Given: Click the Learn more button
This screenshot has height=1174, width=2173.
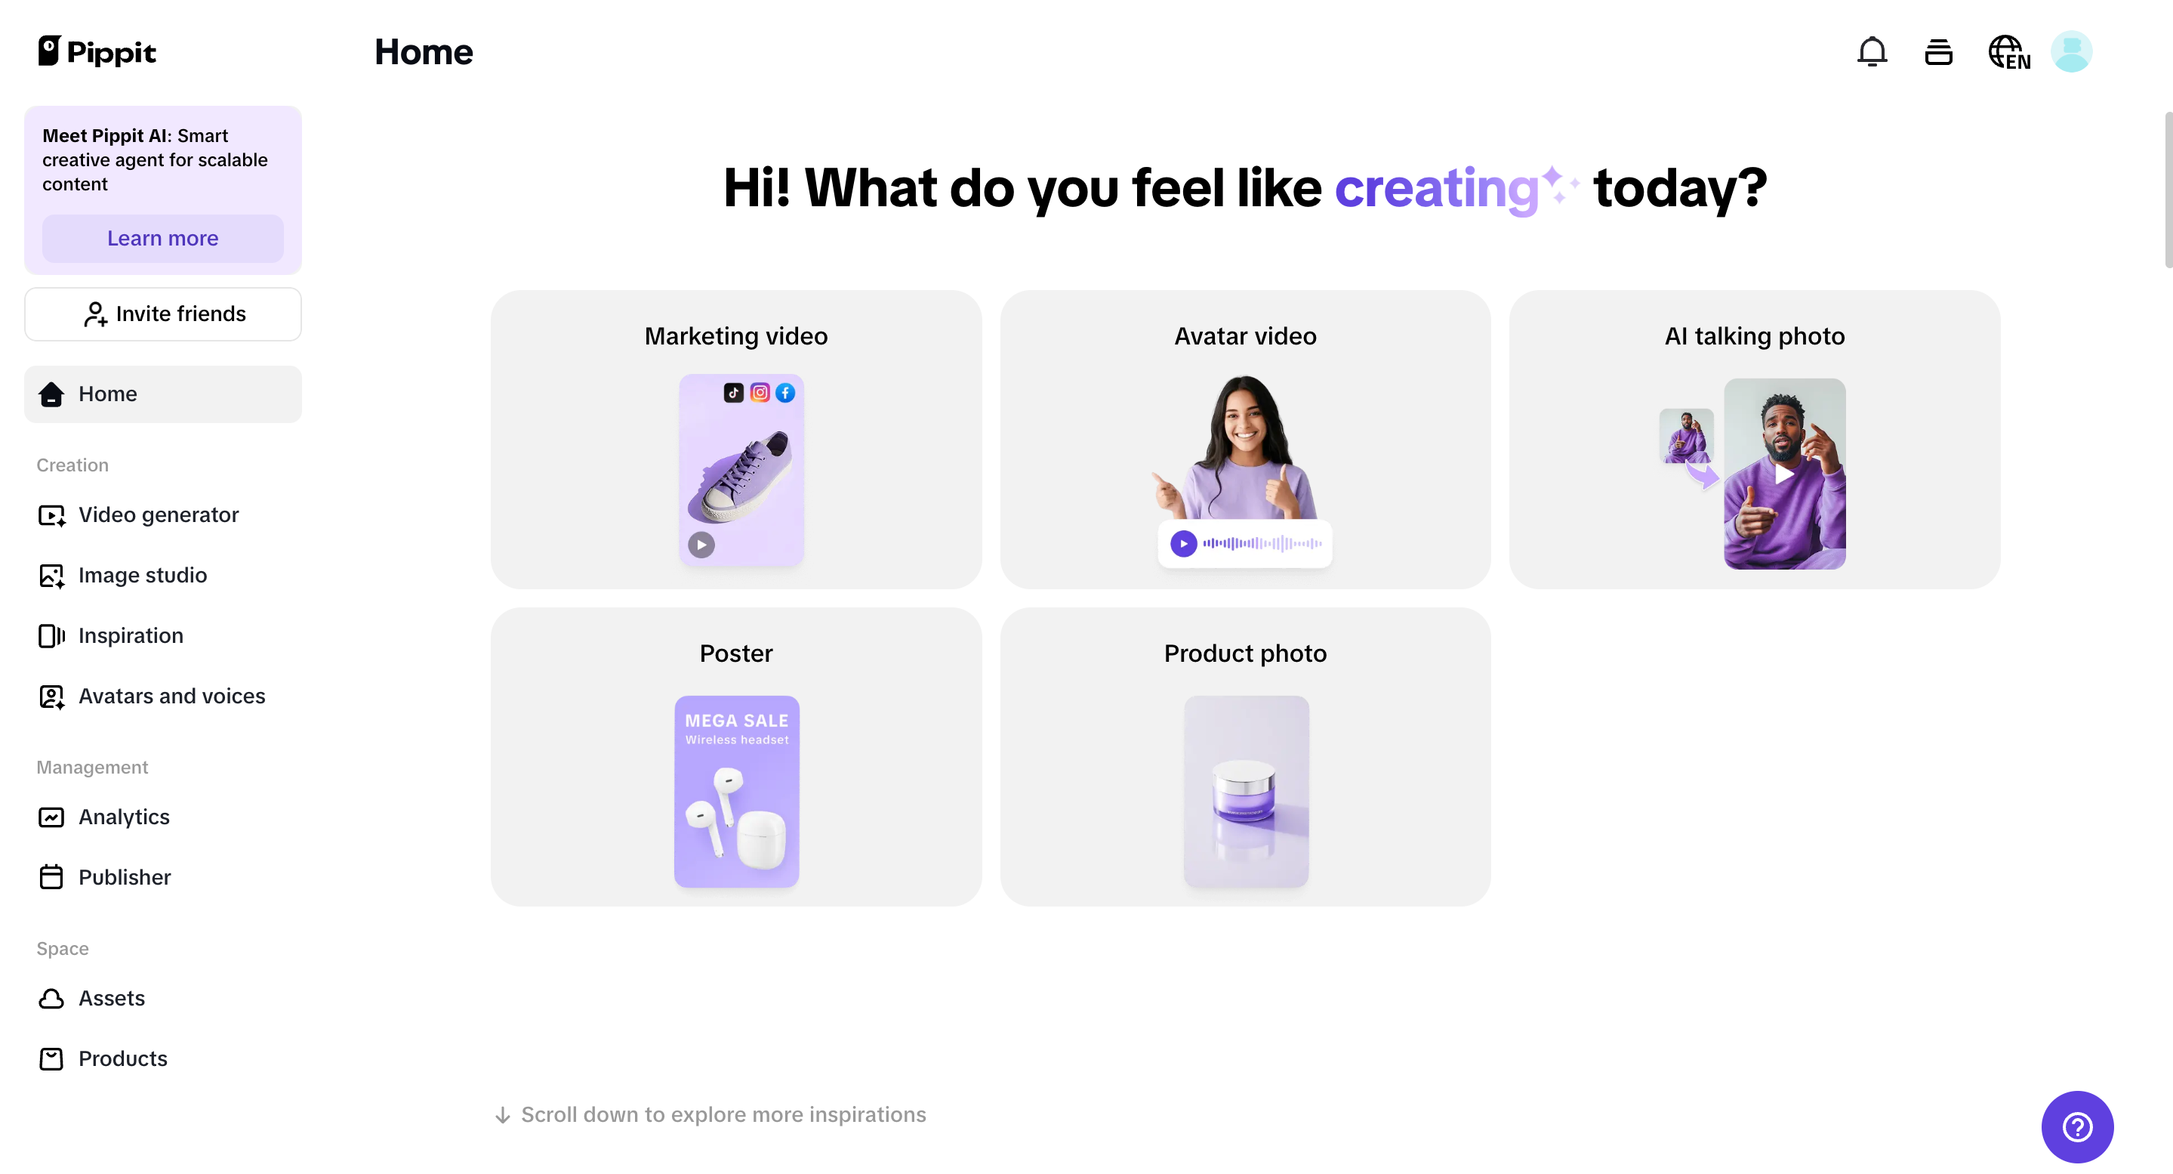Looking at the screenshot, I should (163, 239).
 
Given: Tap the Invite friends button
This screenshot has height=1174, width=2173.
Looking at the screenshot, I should (163, 314).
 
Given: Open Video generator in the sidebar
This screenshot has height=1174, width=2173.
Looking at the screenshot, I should (158, 514).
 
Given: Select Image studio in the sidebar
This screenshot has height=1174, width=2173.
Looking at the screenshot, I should (142, 576).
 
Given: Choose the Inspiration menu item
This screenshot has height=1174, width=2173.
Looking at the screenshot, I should (130, 635).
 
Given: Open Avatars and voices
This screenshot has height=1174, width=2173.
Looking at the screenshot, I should (171, 697).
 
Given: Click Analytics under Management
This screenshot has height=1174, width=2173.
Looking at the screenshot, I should (123, 817).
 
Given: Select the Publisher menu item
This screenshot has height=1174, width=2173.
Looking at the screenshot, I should (124, 878).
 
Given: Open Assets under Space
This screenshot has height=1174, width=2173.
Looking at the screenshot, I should (111, 999).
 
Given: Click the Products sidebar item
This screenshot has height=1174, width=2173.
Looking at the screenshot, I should (122, 1059).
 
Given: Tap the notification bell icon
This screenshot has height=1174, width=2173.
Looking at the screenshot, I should (1872, 52).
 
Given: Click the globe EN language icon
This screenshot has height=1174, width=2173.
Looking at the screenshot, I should (2008, 52).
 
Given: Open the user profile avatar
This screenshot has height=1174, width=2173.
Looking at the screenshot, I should (2071, 52).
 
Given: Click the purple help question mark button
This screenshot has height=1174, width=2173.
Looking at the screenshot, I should (2077, 1126).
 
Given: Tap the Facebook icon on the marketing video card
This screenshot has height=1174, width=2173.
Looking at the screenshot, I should (785, 394).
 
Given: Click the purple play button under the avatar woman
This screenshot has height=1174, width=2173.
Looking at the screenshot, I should (1183, 543).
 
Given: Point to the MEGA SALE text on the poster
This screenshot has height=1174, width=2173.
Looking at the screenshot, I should (736, 721).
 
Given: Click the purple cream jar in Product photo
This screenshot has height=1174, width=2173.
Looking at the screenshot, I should (1244, 792).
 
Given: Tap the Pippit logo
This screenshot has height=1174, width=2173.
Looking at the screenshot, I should (97, 52).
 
